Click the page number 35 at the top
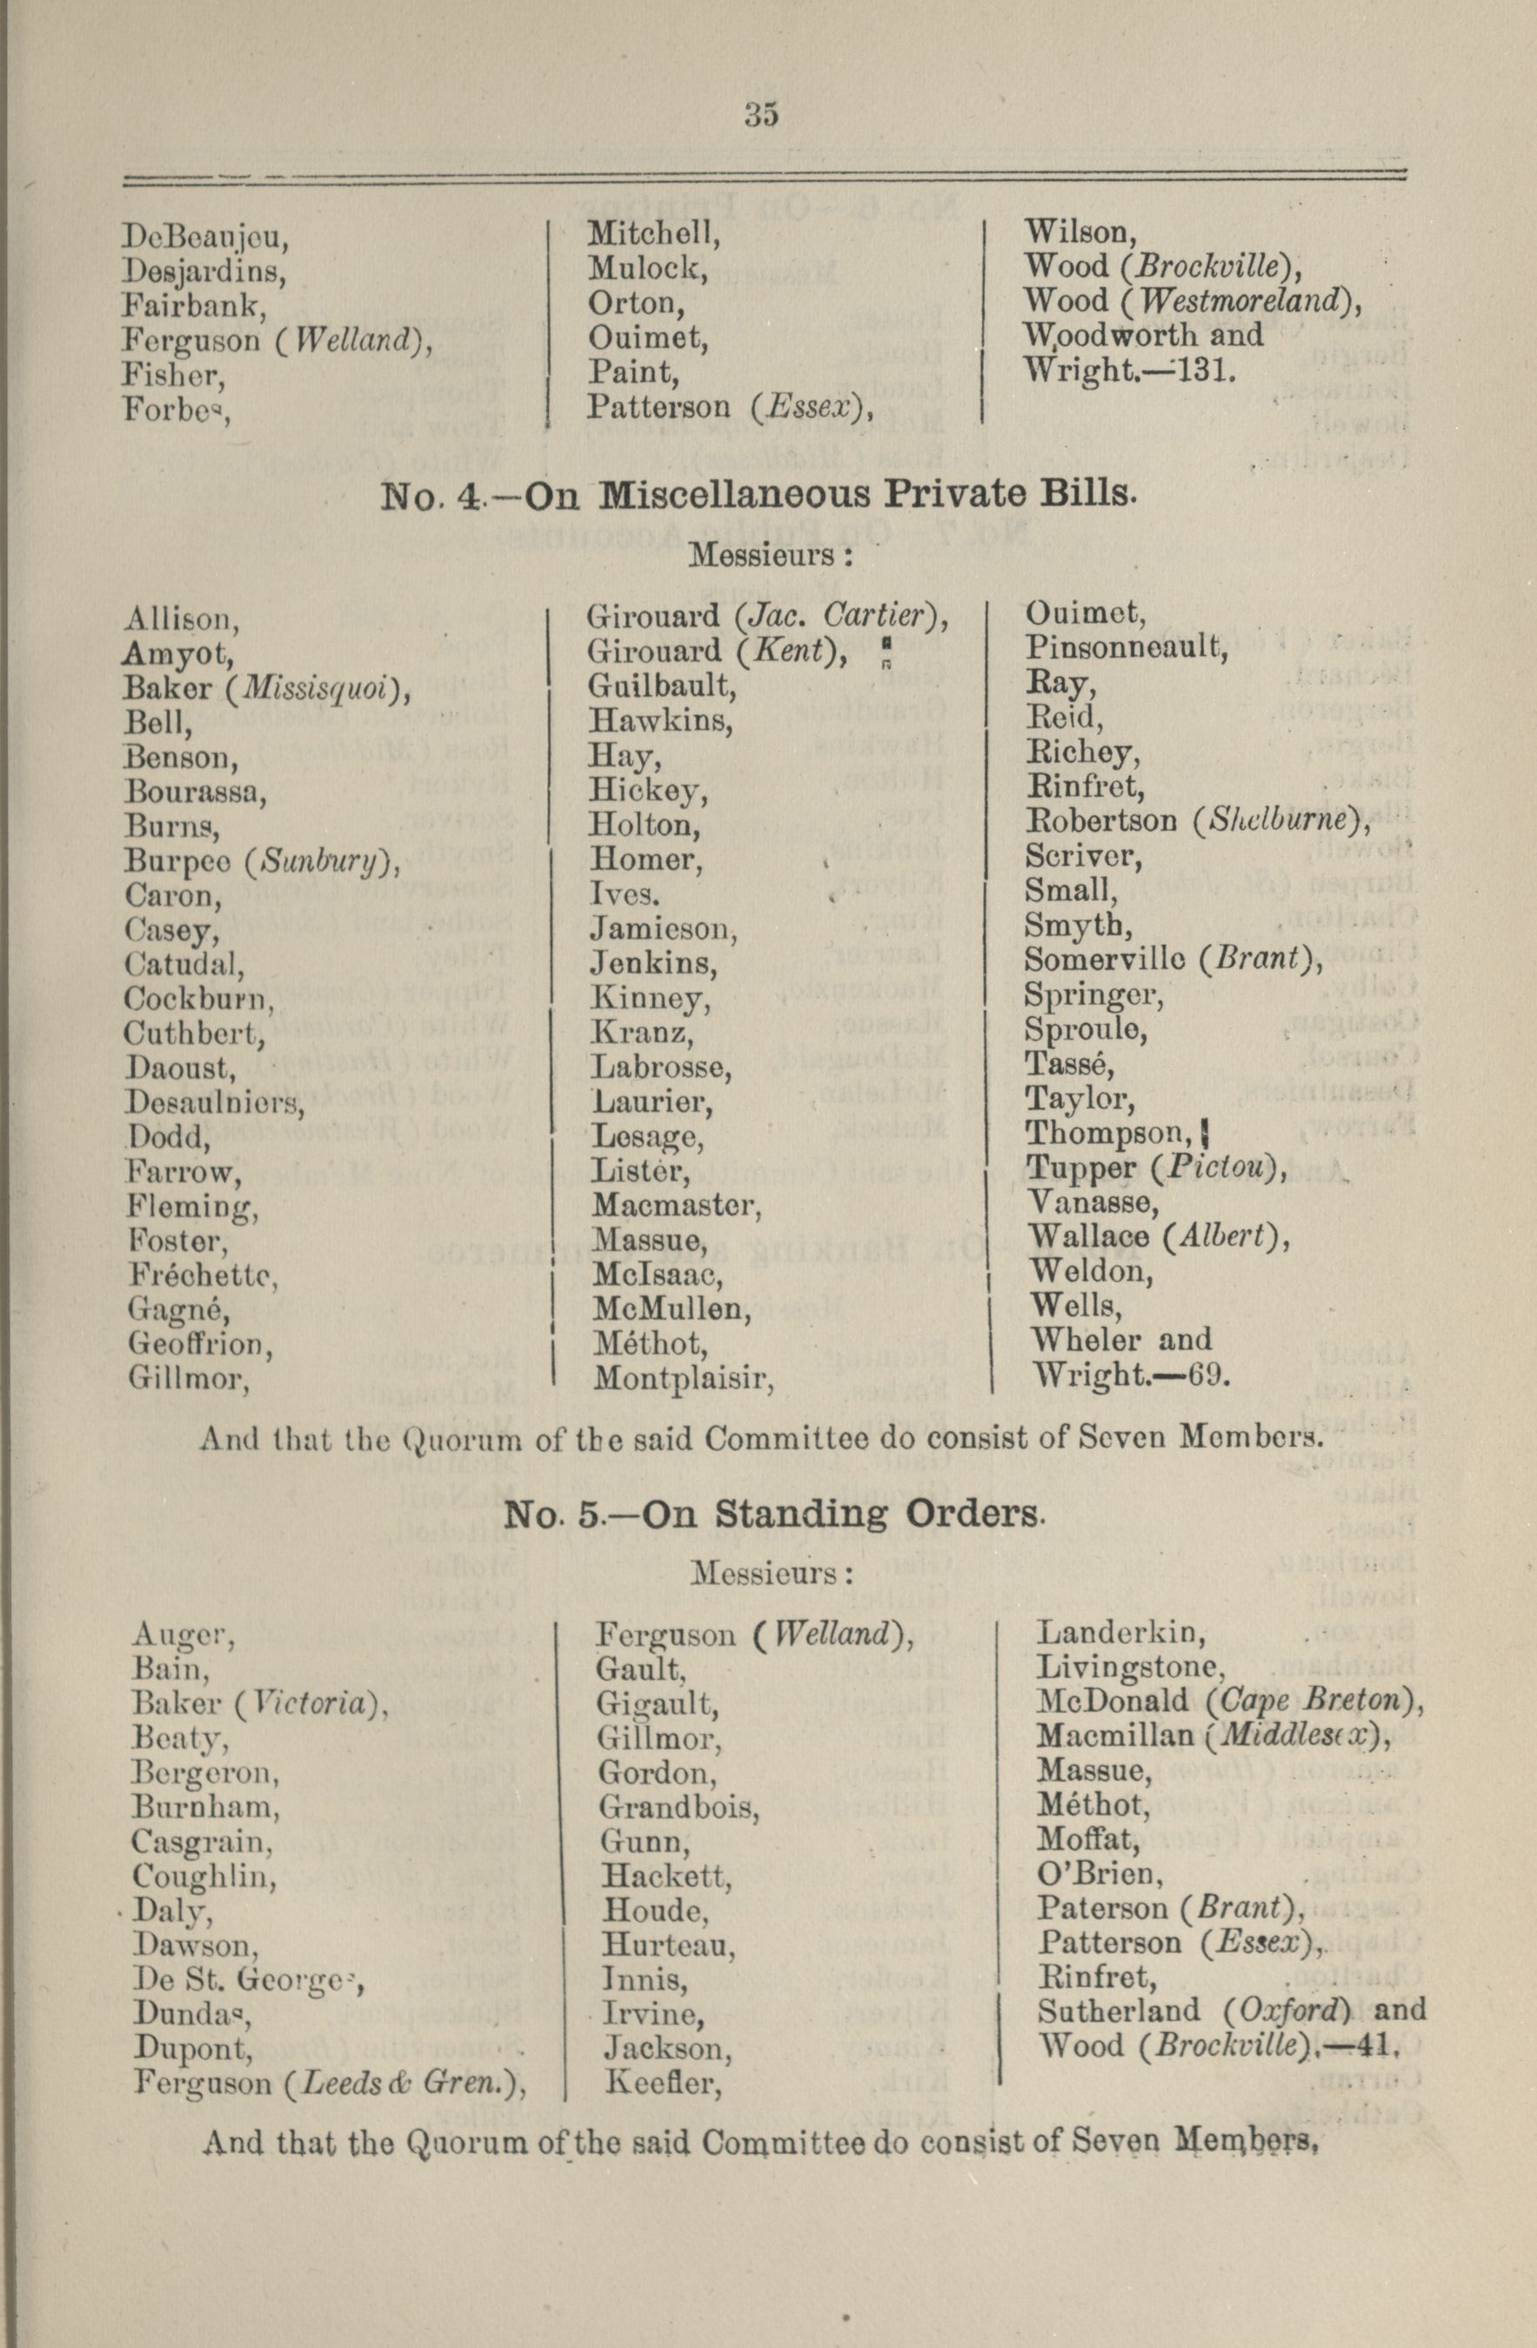click(762, 116)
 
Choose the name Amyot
click(177, 653)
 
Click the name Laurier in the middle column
click(652, 1101)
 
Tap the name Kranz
click(641, 1032)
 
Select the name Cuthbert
click(194, 1033)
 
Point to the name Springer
click(1093, 995)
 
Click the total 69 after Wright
click(1208, 1375)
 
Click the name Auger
click(183, 1636)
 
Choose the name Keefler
click(662, 2083)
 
